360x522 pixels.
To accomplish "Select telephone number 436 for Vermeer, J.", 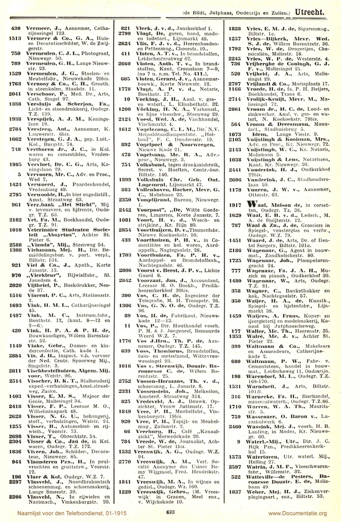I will [15, 29].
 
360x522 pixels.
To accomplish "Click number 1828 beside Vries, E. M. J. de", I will [234, 29].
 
